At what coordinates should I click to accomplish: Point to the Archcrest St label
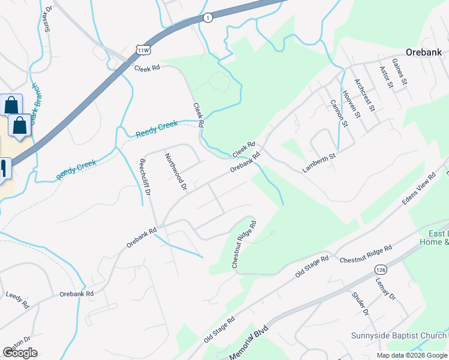[x=364, y=95]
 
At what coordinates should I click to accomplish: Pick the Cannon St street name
[x=339, y=113]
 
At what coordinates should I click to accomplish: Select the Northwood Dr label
[x=176, y=172]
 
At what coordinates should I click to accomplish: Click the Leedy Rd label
[x=17, y=299]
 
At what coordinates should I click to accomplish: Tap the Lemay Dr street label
[x=385, y=287]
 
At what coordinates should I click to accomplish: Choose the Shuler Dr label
[x=360, y=304]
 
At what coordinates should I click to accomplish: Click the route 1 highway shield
[x=207, y=17]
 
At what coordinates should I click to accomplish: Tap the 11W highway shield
[x=142, y=48]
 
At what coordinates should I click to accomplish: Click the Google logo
[x=20, y=353]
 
